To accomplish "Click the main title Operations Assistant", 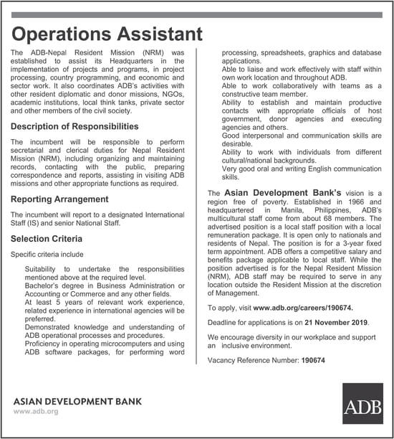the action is (x=107, y=34).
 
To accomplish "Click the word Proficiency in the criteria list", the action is (x=44, y=343).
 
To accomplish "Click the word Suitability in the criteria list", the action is (x=43, y=268).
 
